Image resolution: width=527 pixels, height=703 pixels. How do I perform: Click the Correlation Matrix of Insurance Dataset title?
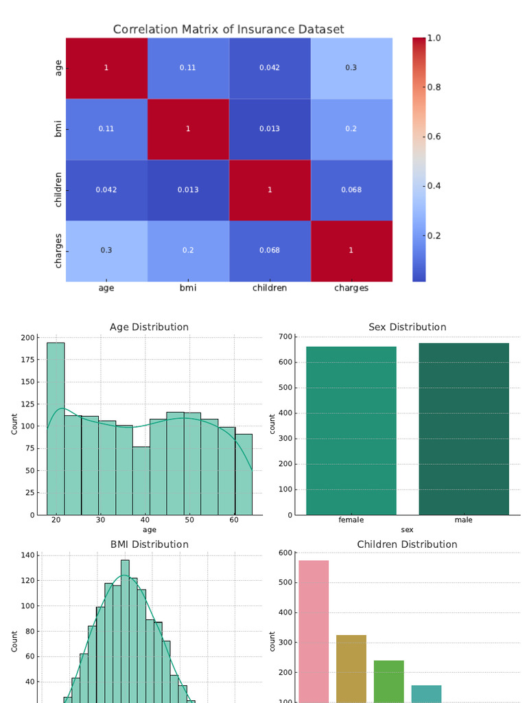tap(229, 30)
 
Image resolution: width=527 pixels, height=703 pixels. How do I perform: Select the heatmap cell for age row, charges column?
tap(351, 68)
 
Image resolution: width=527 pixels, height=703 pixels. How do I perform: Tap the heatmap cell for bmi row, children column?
tap(270, 129)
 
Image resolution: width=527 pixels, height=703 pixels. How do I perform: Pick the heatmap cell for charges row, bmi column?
tap(188, 251)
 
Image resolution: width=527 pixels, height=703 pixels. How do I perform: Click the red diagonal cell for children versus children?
tap(270, 189)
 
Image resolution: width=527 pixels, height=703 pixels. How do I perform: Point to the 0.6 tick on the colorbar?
tap(434, 137)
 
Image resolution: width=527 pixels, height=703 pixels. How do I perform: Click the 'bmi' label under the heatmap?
tap(188, 288)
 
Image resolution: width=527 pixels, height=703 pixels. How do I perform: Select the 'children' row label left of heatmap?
tap(58, 190)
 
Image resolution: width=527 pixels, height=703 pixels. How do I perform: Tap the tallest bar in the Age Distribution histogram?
tap(56, 428)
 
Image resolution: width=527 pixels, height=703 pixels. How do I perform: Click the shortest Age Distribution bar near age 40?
tap(141, 481)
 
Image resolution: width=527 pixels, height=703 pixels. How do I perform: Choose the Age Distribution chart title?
tap(149, 327)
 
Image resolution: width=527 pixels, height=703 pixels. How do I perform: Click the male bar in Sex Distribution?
tap(464, 428)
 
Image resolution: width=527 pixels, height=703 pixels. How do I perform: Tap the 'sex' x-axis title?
tap(407, 530)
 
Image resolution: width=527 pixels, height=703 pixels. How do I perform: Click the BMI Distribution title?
tap(149, 544)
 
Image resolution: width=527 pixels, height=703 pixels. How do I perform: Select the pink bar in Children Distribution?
tap(314, 632)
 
